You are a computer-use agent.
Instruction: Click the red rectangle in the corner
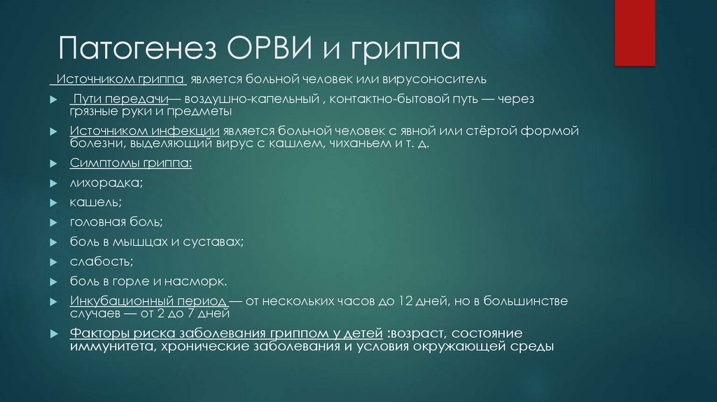(634, 32)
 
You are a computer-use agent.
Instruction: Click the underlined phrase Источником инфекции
(145, 132)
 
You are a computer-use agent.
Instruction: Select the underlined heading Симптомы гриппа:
(130, 164)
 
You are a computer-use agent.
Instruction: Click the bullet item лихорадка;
(106, 183)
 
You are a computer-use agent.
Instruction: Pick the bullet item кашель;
(95, 203)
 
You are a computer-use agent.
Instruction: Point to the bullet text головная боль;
(116, 223)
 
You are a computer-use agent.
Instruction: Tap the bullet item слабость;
(101, 262)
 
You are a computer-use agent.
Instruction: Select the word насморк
(200, 282)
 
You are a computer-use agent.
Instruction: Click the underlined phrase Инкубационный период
(148, 301)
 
